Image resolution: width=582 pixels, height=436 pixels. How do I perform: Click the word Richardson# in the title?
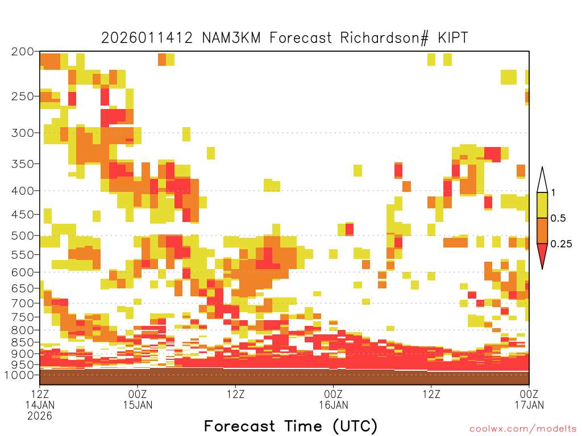[385, 38]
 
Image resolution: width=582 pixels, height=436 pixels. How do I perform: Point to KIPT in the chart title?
[453, 38]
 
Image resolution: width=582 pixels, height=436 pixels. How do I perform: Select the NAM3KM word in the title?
[231, 38]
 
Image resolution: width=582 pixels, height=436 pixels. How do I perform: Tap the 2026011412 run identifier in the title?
[147, 38]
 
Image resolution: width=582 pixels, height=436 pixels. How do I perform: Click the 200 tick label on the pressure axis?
[22, 52]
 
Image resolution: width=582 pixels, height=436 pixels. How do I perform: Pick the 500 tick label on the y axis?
[22, 236]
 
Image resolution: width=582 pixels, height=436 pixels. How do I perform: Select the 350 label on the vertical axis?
[22, 164]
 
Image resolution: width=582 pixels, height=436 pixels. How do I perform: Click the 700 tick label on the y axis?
[22, 303]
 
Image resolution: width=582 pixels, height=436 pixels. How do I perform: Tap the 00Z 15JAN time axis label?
[138, 399]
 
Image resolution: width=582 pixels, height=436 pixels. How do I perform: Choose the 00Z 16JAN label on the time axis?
[333, 399]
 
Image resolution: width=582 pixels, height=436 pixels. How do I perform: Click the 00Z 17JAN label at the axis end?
[529, 399]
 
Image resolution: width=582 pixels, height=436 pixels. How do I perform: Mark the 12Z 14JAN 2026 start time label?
[40, 405]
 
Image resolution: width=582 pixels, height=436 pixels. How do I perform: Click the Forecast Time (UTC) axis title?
[290, 426]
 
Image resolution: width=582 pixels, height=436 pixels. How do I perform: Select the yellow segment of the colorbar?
[542, 205]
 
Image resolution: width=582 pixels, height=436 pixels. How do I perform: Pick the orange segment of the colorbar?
[542, 230]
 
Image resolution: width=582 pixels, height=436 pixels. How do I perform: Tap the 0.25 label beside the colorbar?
[561, 244]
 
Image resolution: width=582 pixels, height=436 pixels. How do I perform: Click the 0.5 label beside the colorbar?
[558, 218]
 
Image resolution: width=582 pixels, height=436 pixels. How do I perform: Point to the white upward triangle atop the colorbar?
[542, 180]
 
